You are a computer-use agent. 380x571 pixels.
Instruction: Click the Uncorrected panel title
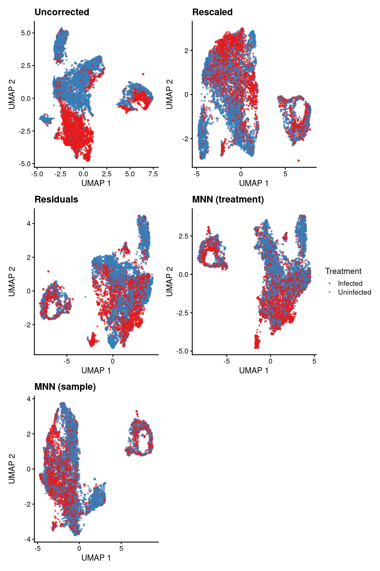coord(62,12)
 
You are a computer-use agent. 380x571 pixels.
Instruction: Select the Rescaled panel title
coord(212,12)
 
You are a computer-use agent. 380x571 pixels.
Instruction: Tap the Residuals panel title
coord(56,199)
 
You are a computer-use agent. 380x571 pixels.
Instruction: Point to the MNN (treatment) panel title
coord(228,199)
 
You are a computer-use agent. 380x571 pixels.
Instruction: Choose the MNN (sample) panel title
coord(65,387)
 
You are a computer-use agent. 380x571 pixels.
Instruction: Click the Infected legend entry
coord(350,283)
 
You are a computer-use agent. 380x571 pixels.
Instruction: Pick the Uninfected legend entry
coord(354,292)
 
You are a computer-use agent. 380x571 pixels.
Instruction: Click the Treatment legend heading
coord(343,271)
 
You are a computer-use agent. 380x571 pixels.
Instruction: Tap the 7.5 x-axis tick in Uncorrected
coord(153,174)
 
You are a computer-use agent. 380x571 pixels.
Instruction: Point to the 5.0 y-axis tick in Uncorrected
coord(26,33)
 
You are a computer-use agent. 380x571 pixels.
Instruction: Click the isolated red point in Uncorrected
coord(143,74)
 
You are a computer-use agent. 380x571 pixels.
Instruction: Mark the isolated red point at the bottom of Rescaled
coord(298,160)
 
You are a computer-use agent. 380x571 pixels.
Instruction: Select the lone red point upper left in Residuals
coord(48,271)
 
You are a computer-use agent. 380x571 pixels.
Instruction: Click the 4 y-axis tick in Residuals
coord(29,224)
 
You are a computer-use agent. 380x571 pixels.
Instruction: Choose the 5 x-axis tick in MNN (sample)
coord(121,549)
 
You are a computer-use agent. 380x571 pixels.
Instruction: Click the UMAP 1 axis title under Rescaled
coord(254,183)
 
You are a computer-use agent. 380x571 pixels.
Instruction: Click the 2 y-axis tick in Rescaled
coord(186,51)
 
